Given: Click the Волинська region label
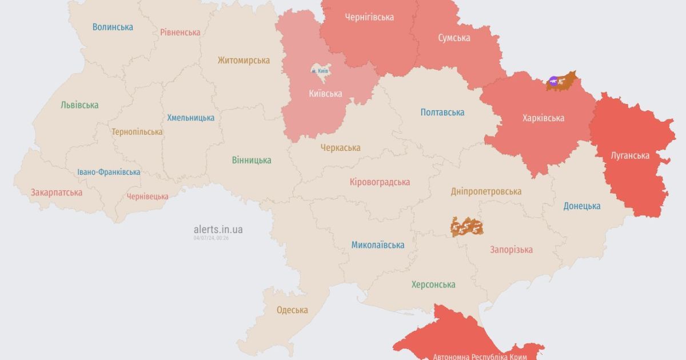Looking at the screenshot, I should tap(113, 27).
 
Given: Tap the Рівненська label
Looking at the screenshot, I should tap(180, 32).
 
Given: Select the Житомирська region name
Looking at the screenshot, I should tap(244, 60).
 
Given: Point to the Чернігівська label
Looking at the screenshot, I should tap(369, 17).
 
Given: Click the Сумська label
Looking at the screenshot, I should tap(454, 38).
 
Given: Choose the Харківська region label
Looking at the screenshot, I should tap(543, 118).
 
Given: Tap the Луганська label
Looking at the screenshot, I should tap(629, 155).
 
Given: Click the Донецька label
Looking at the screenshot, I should tap(581, 206).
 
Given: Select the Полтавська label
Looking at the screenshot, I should tap(442, 112).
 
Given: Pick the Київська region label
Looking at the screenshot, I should tap(326, 94).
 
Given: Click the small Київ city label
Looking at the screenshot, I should tap(320, 70).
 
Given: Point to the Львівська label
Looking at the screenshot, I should tap(79, 105).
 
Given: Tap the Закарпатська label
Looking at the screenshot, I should tap(57, 192).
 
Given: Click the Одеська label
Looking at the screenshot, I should tap(292, 310).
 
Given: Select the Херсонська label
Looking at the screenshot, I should tap(433, 284).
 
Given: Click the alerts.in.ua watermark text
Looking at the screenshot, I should tap(218, 229).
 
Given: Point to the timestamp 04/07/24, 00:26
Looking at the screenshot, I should tap(211, 238).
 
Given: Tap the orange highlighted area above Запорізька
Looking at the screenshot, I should tap(467, 227).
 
